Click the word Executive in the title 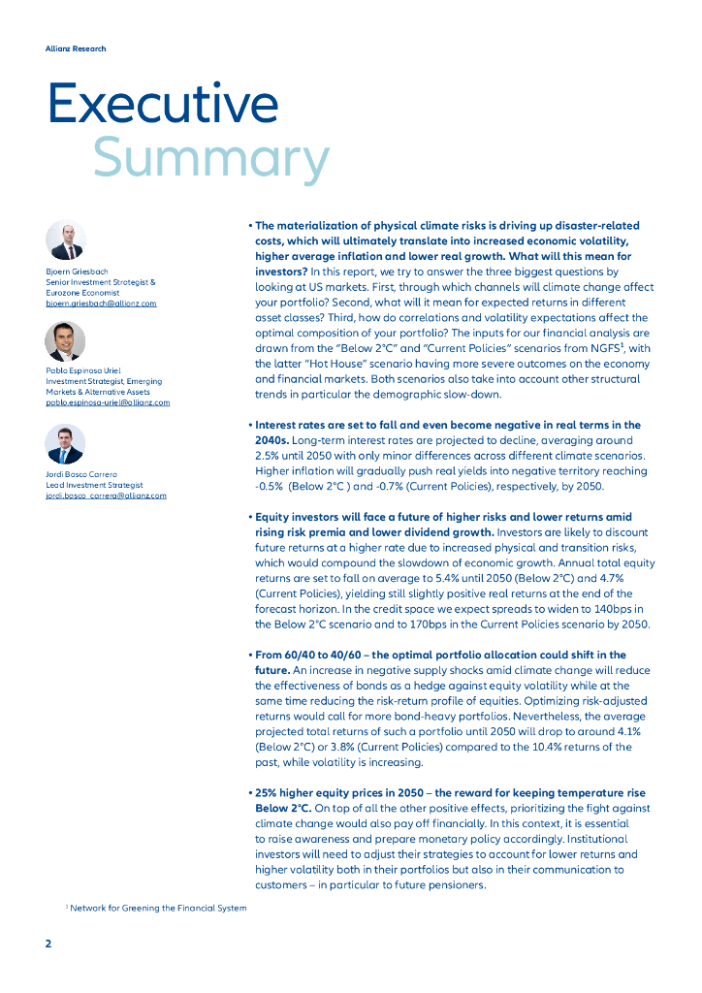163,103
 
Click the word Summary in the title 210,157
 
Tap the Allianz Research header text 76,48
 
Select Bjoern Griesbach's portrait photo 66,240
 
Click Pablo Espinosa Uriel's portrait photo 65,340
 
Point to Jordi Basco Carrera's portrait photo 65,444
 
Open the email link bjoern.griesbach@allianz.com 101,304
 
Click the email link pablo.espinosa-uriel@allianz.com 108,402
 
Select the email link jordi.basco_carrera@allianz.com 106,496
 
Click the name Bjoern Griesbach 77,272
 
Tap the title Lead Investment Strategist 94,485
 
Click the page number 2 48,944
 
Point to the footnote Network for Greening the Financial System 158,908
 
